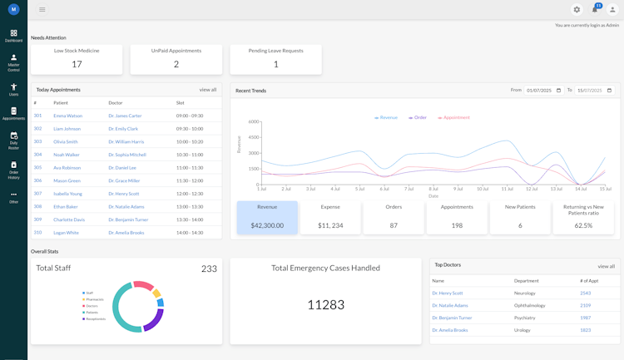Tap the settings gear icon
coord(577,9)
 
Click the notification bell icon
coord(595,9)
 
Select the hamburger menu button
coord(42,9)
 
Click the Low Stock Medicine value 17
coord(77,64)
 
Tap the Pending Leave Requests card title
coord(275,51)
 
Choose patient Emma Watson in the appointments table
coord(67,116)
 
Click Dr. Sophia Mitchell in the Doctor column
coord(126,155)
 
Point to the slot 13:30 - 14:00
coord(190,219)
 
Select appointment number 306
coord(37,180)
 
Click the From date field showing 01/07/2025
coord(544,90)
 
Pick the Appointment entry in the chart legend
coord(453,118)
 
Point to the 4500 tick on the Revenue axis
coord(254,137)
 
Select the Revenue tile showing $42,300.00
coord(267,217)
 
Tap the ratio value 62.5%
coord(583,225)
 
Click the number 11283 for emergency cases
coord(325,305)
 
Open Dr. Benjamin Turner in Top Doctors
coord(452,318)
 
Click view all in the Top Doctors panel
coord(606,266)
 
